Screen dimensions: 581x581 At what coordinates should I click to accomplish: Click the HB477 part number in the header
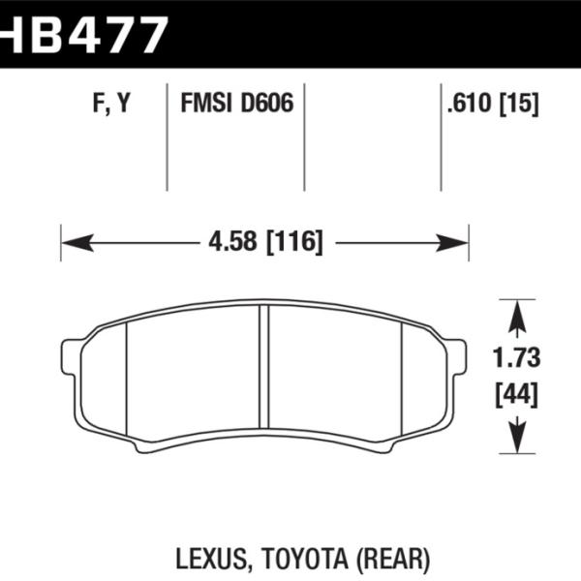[x=82, y=35]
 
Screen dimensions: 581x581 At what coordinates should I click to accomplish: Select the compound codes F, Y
[x=111, y=103]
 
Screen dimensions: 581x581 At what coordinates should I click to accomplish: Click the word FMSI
[x=205, y=103]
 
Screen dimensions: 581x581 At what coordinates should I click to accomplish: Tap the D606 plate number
[x=267, y=103]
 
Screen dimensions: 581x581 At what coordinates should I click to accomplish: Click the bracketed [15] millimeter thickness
[x=519, y=104]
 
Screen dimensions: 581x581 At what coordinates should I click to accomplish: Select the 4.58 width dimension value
[x=232, y=241]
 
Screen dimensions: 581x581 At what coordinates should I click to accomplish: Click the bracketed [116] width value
[x=295, y=241]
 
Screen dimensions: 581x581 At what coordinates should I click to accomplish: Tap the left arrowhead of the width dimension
[x=77, y=243]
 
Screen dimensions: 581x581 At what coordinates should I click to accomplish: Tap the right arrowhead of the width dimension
[x=453, y=243]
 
